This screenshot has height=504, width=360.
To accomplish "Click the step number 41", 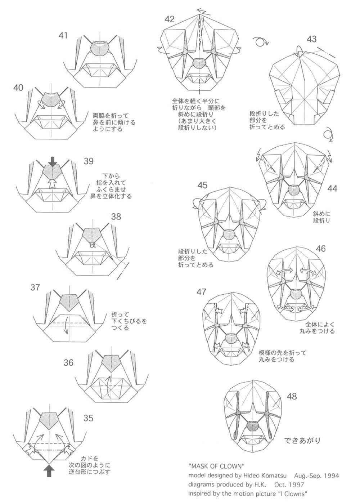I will (x=63, y=35).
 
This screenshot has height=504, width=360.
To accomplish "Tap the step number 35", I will (x=88, y=418).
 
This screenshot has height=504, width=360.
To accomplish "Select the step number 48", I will (x=292, y=397).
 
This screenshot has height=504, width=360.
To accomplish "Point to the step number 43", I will (x=312, y=39).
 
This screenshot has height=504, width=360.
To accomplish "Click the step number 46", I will (x=320, y=249).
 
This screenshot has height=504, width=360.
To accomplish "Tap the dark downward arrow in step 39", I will (x=53, y=161).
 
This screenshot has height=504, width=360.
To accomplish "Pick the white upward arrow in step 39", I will (x=53, y=184).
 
